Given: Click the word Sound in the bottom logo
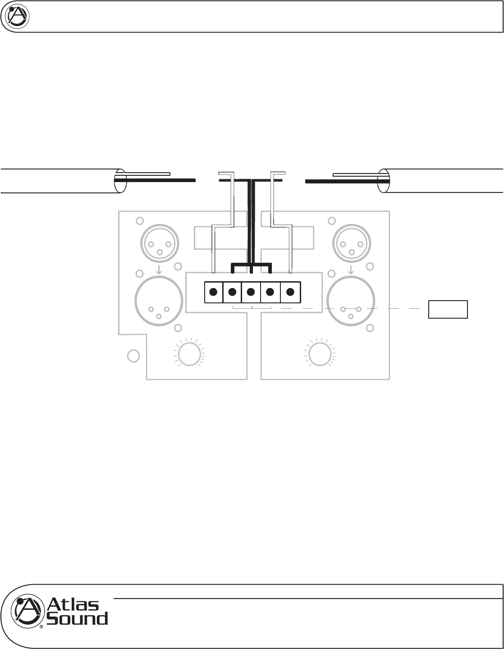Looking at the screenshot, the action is tap(78, 618).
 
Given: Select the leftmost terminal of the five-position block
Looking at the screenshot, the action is tap(214, 292).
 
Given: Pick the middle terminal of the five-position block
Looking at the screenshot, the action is tap(251, 292).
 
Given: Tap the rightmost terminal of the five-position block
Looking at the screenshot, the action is tap(290, 292).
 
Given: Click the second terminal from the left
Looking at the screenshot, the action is tap(232, 292).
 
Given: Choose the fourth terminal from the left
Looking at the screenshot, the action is tap(270, 292).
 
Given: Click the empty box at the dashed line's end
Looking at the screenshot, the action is tap(448, 309).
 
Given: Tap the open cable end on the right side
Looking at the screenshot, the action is tap(384, 181).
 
